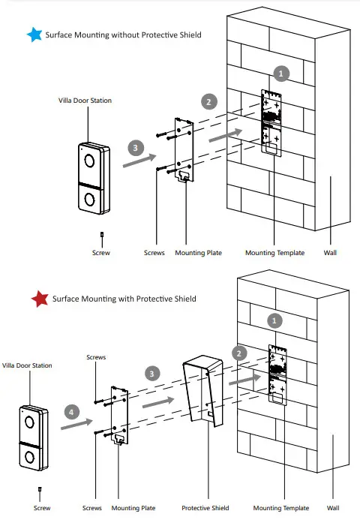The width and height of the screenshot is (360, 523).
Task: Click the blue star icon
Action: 34,35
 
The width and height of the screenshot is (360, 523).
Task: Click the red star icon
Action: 39,299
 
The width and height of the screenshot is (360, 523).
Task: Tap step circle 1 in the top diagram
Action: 281,73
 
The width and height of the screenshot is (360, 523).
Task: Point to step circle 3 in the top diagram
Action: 135,148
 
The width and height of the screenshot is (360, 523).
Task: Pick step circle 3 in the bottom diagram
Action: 152,372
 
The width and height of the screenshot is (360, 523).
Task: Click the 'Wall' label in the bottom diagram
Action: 332,508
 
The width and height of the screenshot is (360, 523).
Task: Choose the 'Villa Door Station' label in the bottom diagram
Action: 28,365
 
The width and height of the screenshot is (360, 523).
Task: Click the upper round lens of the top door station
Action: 89,160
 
